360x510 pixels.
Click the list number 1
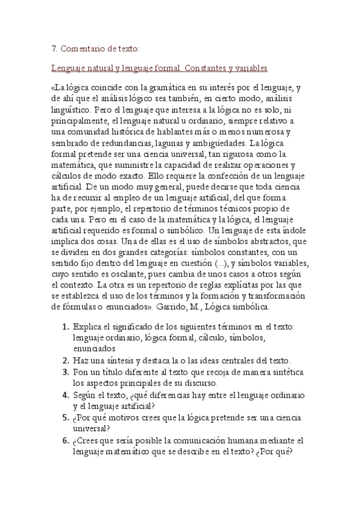(x=64, y=327)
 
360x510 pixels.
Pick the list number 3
(x=64, y=372)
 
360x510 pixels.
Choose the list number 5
(x=64, y=418)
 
